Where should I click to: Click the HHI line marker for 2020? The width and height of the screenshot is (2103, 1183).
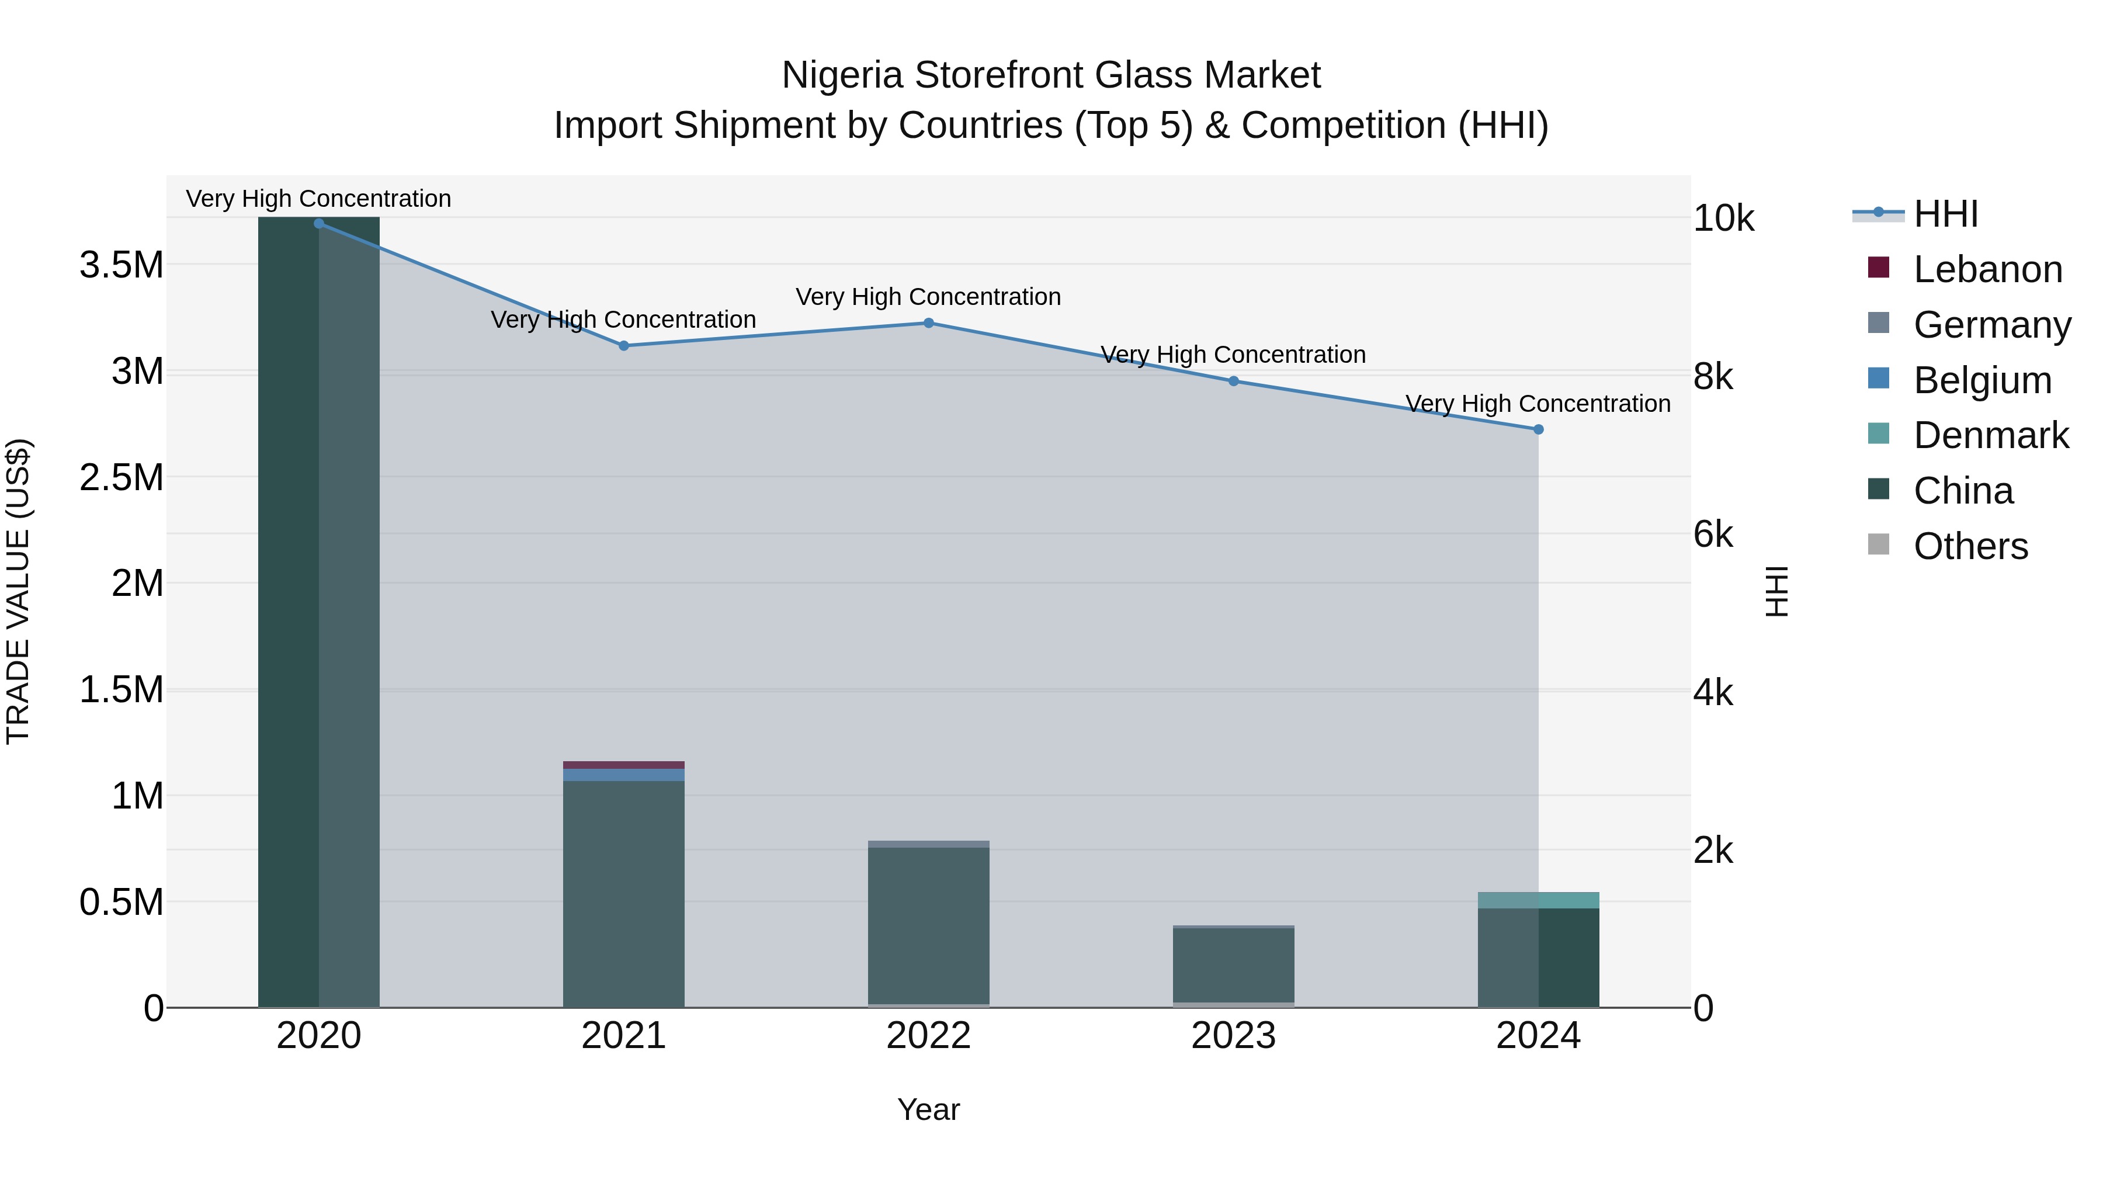(x=319, y=223)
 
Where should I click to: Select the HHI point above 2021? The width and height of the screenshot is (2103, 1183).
(x=624, y=345)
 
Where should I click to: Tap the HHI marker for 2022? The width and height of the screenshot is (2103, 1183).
(x=928, y=322)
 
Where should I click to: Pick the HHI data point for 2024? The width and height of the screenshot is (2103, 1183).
(x=1538, y=429)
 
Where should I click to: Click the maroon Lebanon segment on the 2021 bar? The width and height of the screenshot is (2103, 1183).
(x=624, y=765)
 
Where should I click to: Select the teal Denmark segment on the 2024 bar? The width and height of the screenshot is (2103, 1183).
(x=1538, y=900)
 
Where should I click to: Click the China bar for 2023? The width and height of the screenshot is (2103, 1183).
(x=1234, y=965)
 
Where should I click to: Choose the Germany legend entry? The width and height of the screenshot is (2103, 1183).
(x=1992, y=325)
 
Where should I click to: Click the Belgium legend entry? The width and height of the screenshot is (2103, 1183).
(x=1982, y=380)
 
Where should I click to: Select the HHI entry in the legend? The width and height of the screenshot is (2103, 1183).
(x=1945, y=214)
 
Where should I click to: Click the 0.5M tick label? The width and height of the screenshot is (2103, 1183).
(x=122, y=902)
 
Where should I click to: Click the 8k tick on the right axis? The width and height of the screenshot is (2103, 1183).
(x=1713, y=376)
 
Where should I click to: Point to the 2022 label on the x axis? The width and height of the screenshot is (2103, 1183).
(x=928, y=1035)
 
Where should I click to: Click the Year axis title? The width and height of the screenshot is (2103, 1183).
(x=928, y=1109)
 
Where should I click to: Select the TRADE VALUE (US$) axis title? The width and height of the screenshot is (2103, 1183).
(x=18, y=591)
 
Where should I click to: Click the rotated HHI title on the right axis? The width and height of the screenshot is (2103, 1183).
(x=1776, y=591)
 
